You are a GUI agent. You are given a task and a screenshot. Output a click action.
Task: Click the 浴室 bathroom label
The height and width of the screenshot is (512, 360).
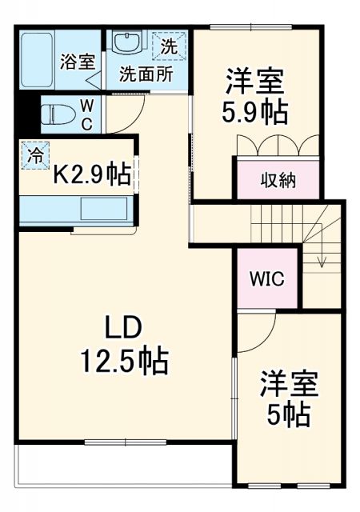coord(78,62)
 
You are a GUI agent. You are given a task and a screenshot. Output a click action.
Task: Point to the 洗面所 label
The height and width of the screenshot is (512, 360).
coord(146,76)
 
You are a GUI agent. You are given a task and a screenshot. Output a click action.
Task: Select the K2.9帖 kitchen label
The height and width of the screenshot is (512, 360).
coord(90,175)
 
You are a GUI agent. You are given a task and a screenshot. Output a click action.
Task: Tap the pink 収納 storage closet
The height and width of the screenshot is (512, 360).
coord(278,179)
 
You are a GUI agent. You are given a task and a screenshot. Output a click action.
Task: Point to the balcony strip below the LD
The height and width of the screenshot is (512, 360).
coord(120,464)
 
